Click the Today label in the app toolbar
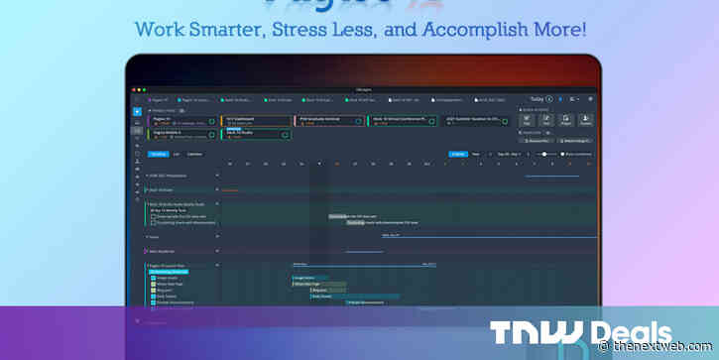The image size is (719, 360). click(537, 99)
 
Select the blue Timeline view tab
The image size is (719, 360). click(158, 154)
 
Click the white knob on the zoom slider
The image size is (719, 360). click(543, 154)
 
